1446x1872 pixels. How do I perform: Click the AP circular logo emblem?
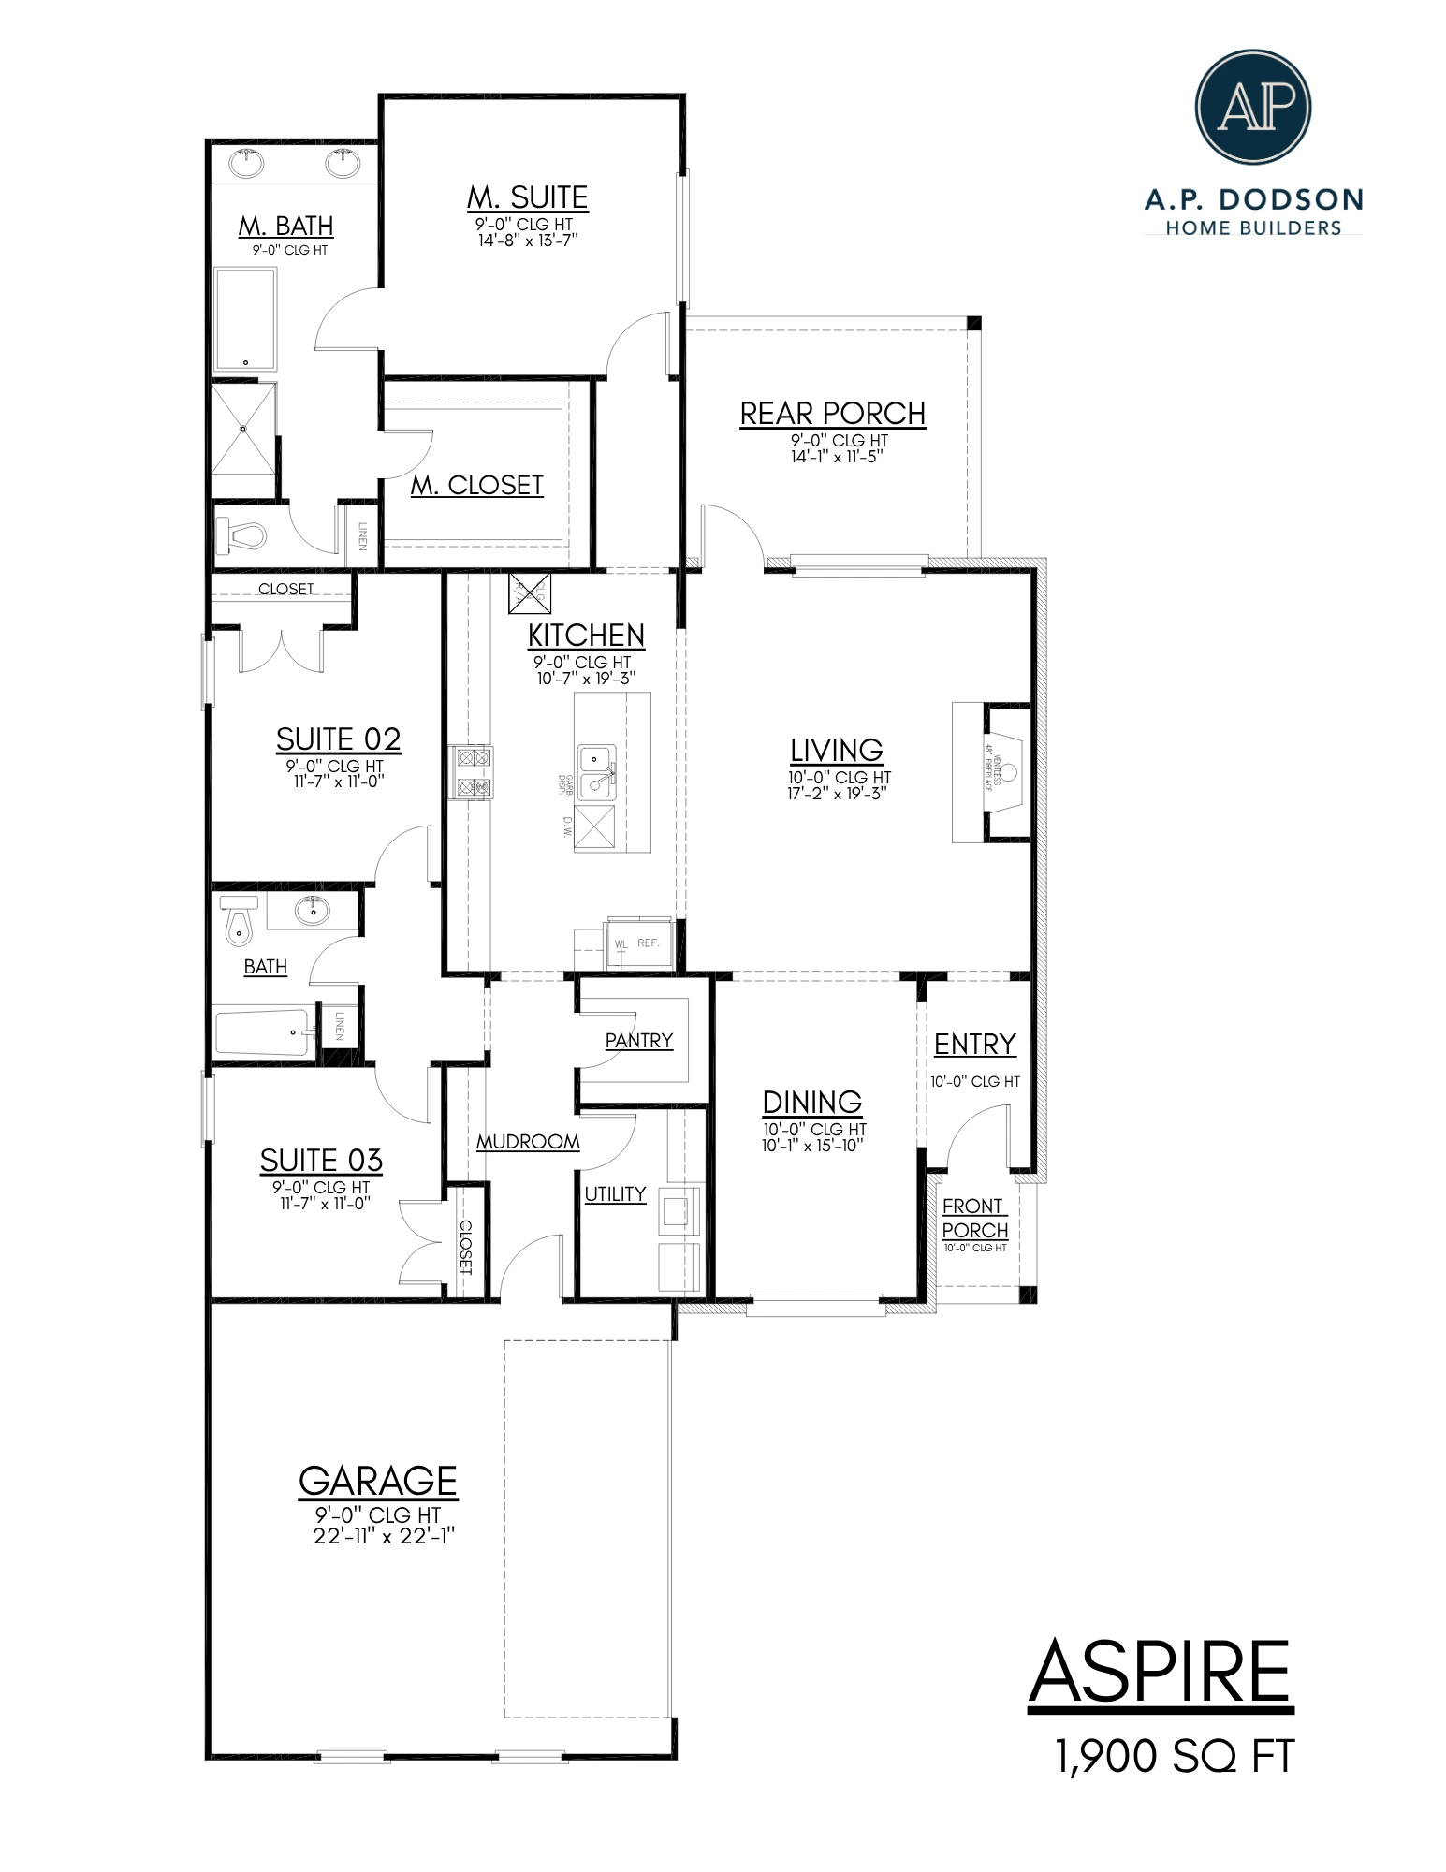point(1253,107)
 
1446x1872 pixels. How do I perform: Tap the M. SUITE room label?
point(527,197)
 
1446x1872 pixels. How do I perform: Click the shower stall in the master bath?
point(243,429)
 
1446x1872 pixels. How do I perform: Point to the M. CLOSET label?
point(477,485)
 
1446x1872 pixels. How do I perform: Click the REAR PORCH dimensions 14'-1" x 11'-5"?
point(832,457)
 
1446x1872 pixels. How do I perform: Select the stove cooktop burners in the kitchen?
point(471,771)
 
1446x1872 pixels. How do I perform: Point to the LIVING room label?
point(836,750)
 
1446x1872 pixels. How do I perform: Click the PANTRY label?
point(638,1040)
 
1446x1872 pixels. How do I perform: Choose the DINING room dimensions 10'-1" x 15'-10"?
point(811,1145)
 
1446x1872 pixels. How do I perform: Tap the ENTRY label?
point(974,1044)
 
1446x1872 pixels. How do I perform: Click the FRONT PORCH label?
point(974,1218)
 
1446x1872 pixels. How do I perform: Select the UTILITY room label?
point(615,1193)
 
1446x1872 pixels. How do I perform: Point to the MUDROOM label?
point(528,1142)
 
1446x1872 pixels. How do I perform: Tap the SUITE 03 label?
point(321,1161)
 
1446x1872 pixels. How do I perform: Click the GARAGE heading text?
point(377,1482)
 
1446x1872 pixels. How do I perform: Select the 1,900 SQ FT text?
point(1174,1757)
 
